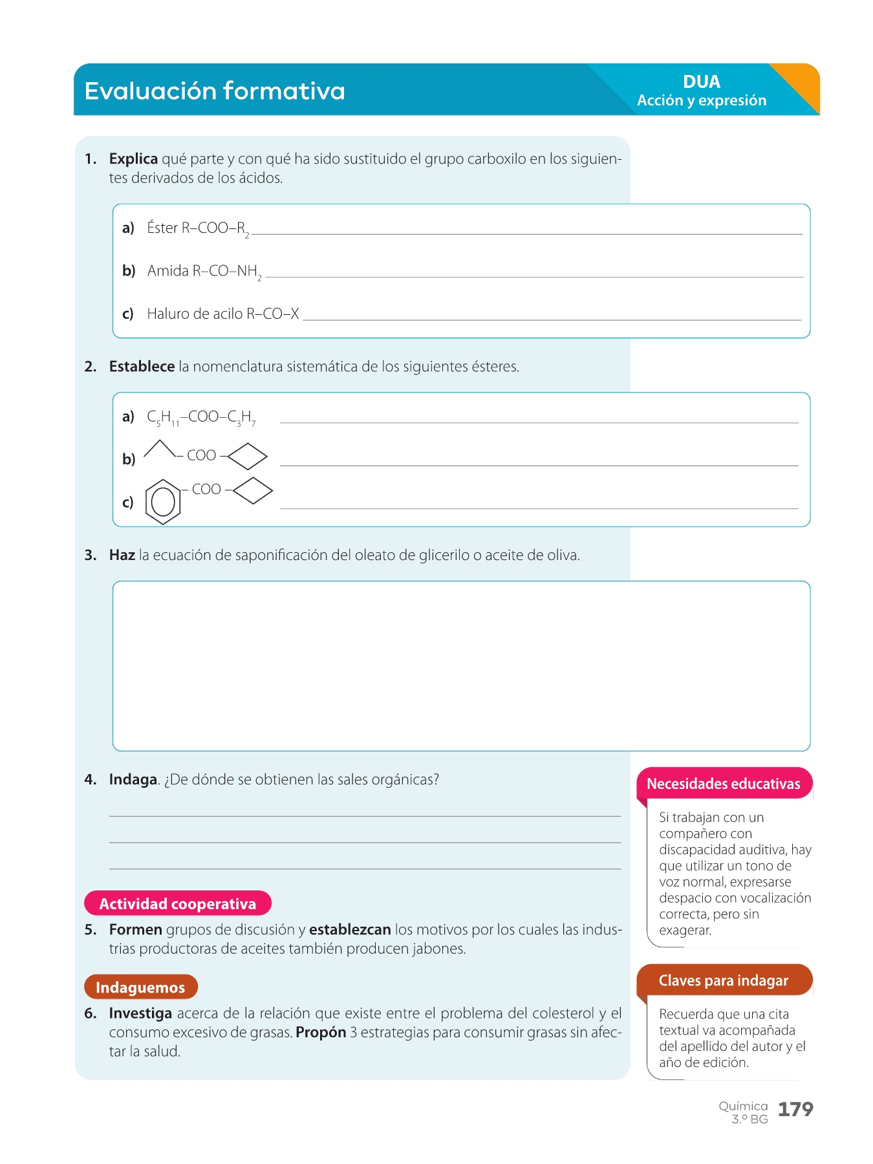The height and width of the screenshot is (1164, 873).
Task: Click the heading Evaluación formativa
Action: pyautogui.click(x=215, y=91)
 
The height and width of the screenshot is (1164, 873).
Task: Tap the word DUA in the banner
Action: pyautogui.click(x=701, y=82)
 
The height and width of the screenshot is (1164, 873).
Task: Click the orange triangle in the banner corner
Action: pyautogui.click(x=800, y=84)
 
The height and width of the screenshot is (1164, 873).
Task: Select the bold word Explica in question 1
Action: pyautogui.click(x=133, y=159)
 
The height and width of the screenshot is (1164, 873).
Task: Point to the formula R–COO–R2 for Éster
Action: pyautogui.click(x=215, y=229)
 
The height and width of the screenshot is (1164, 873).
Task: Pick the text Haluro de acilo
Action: pyautogui.click(x=195, y=314)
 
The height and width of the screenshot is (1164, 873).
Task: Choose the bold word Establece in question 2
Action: pyautogui.click(x=142, y=367)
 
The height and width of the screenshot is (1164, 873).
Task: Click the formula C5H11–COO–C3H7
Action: pyautogui.click(x=201, y=418)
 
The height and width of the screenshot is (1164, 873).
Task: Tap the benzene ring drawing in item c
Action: pyautogui.click(x=162, y=501)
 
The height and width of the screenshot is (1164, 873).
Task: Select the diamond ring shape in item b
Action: pyautogui.click(x=248, y=457)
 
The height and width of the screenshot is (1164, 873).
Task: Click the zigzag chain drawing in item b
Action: pyautogui.click(x=159, y=449)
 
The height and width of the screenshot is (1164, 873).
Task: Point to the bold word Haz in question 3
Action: pyautogui.click(x=122, y=555)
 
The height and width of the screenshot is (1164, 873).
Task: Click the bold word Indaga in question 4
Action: pyautogui.click(x=133, y=780)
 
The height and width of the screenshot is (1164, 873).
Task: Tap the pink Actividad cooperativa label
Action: pyautogui.click(x=178, y=904)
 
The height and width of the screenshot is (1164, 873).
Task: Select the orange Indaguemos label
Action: pyautogui.click(x=140, y=987)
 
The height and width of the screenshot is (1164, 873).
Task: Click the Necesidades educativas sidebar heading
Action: pyautogui.click(x=724, y=784)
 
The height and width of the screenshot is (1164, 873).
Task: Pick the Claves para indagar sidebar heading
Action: pyautogui.click(x=724, y=981)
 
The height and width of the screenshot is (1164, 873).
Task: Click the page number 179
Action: pyautogui.click(x=795, y=1110)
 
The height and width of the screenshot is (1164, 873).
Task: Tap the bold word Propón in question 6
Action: pyautogui.click(x=321, y=1033)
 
